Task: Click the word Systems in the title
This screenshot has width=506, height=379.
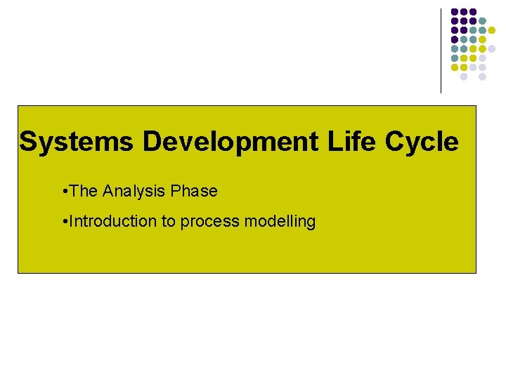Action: point(76,142)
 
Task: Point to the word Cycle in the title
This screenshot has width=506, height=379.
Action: point(422,142)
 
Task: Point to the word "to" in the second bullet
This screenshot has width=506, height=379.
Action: point(169,222)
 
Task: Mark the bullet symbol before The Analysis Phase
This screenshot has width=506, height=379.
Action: point(64,192)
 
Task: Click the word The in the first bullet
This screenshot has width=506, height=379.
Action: point(84,191)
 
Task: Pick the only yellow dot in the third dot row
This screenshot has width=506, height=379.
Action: point(491,30)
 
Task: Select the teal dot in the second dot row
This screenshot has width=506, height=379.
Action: point(482,21)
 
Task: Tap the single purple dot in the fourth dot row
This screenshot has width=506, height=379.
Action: point(455,39)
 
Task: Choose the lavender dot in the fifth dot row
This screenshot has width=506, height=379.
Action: point(491,48)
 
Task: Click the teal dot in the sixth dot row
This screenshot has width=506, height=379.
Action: point(455,58)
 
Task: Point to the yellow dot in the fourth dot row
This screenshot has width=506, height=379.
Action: point(482,39)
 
